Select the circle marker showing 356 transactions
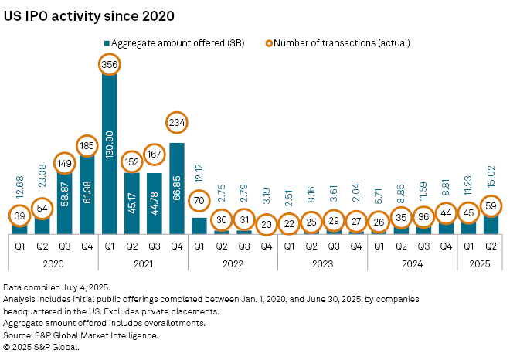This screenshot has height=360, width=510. [109, 66]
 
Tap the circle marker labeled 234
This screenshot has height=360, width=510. [176, 123]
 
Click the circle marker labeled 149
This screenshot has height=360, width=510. [64, 163]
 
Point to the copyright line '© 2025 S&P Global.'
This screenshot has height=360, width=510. [42, 347]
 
